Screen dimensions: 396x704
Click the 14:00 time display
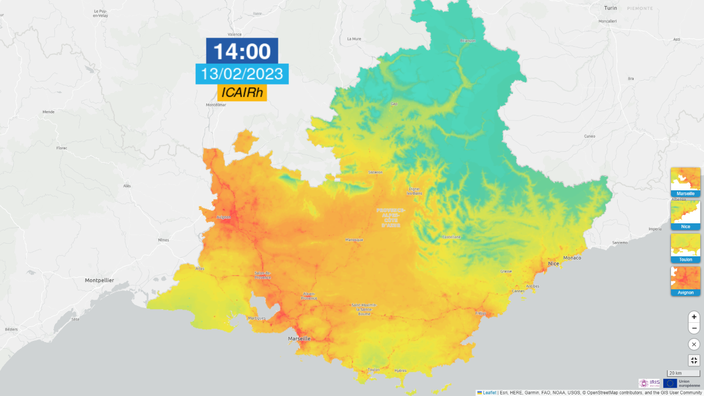242,51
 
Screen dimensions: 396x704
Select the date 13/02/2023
242,74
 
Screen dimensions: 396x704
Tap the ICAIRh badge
242,93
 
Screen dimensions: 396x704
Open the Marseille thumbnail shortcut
685,182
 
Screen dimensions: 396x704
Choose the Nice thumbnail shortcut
685,215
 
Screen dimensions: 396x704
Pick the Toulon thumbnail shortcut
685,248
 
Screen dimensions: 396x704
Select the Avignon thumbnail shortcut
685,281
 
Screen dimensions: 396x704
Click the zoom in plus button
694,317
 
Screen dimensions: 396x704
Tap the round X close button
694,344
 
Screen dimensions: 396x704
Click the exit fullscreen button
694,361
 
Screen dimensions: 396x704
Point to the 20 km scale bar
683,373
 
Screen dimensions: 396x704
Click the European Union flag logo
670,383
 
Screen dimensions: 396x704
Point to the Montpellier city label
100,280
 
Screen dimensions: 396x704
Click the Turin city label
610,8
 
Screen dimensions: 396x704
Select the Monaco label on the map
572,257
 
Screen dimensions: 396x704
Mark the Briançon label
468,41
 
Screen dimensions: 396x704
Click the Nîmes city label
163,240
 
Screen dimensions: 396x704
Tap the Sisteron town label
375,172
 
